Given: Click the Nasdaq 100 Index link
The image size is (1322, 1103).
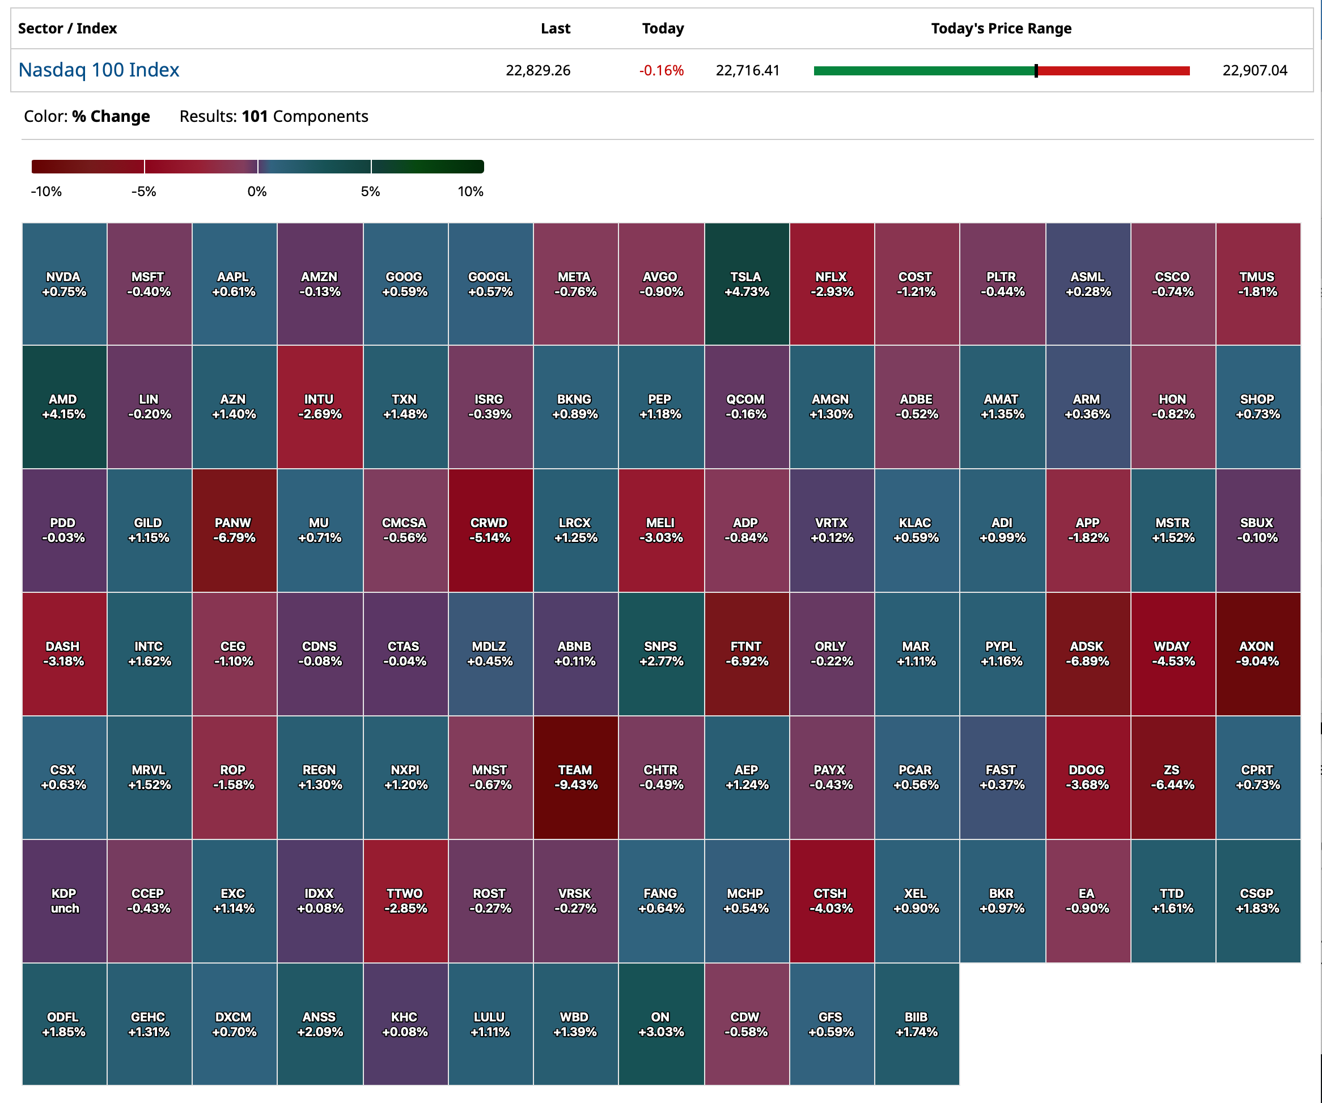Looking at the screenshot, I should point(99,70).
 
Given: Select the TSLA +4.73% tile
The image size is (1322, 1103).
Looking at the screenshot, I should point(747,284).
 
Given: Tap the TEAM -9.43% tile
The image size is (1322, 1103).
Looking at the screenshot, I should point(575,777).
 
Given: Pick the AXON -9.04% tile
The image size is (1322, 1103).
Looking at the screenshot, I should point(1257,654).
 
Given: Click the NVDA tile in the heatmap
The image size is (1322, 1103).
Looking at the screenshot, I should point(64,284).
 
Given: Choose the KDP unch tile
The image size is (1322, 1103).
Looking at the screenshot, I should point(64,900).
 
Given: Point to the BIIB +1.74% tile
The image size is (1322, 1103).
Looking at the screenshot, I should point(917,1024).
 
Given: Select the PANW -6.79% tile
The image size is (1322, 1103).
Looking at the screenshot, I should point(234,530).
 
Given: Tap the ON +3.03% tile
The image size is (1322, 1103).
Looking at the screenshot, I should point(661,1024).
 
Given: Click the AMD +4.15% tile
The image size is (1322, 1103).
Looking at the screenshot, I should point(64,407).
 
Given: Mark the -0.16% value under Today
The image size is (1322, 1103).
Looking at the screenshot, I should point(661,70).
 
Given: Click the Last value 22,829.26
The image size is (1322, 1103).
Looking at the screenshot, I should point(537,70).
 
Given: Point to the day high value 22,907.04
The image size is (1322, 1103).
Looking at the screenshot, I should point(1254,70).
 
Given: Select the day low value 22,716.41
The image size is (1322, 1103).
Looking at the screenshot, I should point(747,70).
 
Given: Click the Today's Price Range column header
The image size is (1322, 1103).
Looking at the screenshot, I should point(1001,28).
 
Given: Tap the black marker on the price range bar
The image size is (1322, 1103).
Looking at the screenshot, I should point(1036,70).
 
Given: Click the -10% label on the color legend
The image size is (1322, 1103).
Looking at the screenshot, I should point(46,192).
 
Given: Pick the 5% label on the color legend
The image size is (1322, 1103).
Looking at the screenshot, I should point(370,192).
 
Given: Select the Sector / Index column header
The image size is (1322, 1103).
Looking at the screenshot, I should point(67,28).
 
